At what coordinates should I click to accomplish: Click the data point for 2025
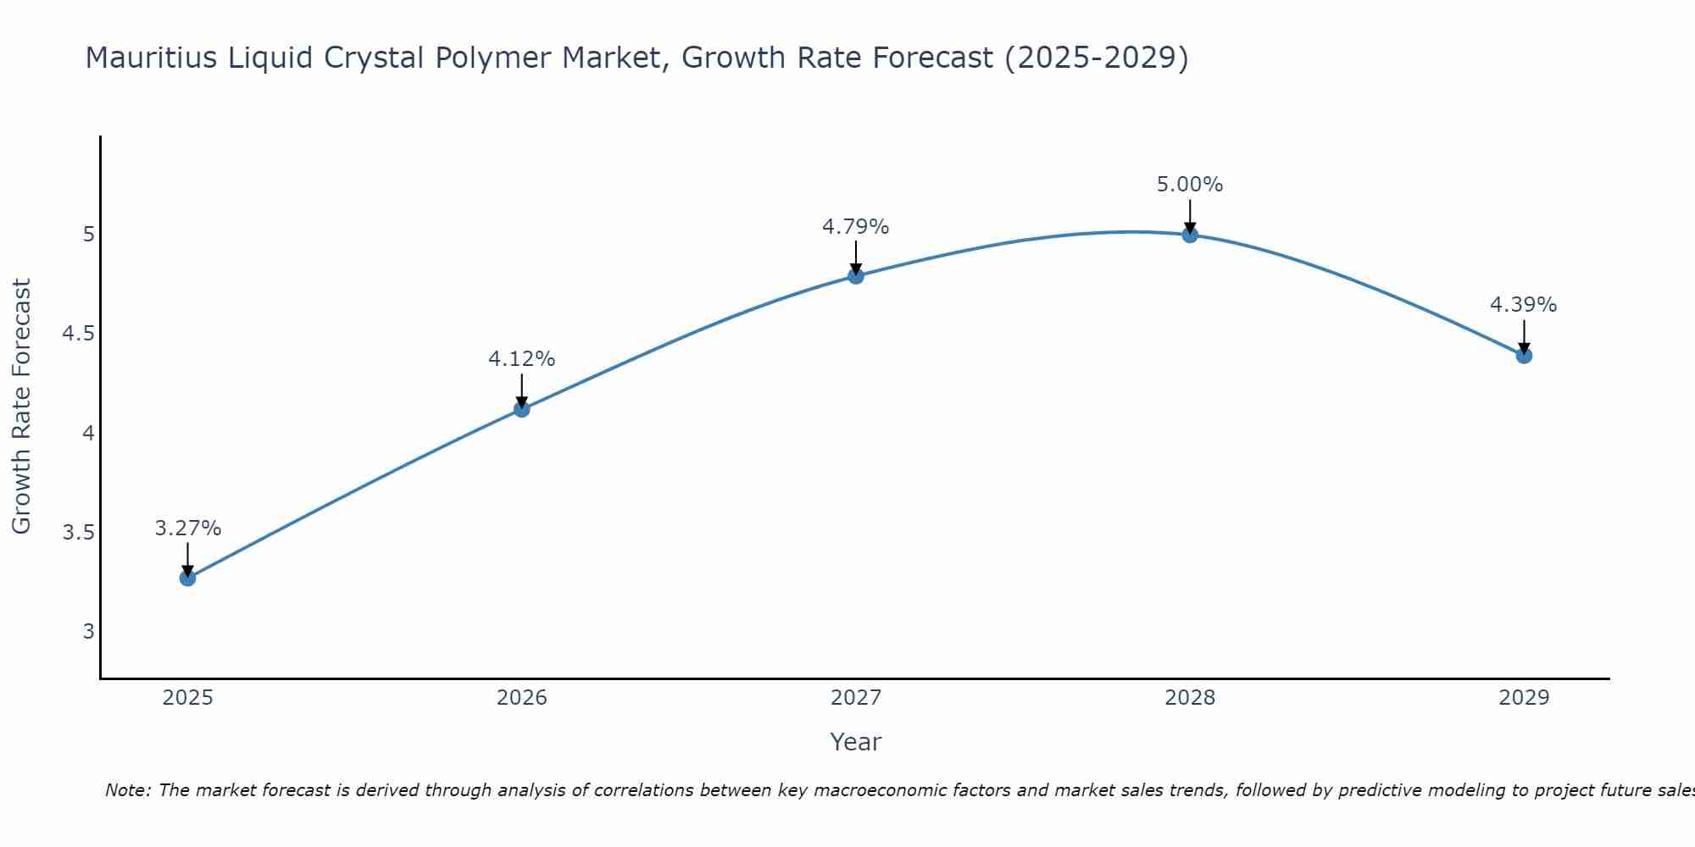point(187,579)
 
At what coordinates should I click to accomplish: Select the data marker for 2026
point(522,409)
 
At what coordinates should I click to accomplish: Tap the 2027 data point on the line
point(856,276)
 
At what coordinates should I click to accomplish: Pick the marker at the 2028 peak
point(1190,235)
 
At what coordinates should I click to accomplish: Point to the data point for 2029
point(1524,356)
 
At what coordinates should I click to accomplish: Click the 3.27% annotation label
point(187,529)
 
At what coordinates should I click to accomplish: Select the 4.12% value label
point(522,359)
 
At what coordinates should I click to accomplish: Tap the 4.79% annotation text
point(856,227)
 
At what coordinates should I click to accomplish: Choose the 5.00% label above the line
point(1190,185)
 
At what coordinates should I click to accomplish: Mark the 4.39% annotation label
point(1524,305)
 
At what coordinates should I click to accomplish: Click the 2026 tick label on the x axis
point(522,698)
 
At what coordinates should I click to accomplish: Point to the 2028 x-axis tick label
point(1190,698)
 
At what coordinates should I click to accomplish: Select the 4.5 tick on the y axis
point(78,334)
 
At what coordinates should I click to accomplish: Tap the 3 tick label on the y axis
point(89,632)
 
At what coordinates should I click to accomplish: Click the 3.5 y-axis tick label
point(78,533)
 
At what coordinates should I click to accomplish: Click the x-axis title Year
point(856,742)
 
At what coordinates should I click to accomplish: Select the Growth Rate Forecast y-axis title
point(21,407)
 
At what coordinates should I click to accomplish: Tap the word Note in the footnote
point(127,790)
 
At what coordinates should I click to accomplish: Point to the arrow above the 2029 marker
point(1524,337)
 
